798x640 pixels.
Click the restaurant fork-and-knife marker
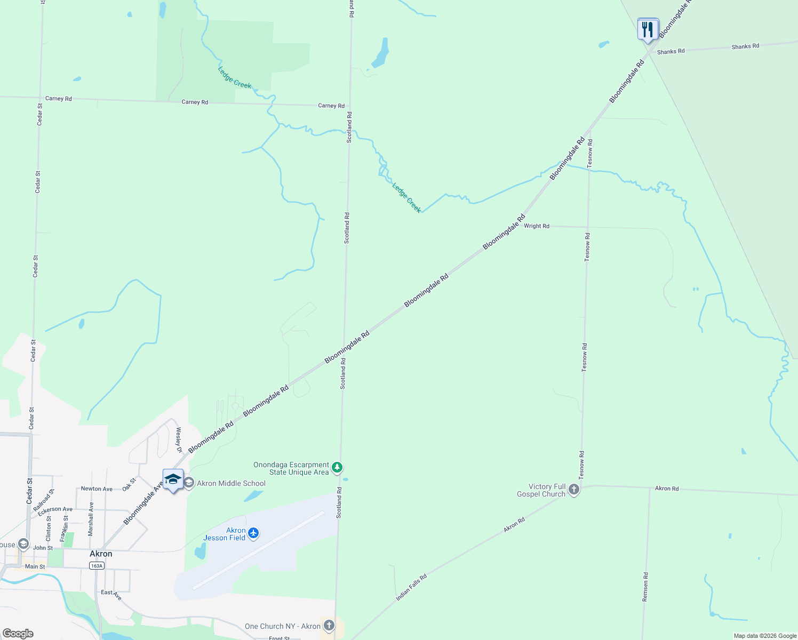[648, 29]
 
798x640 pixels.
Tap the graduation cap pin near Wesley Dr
[173, 479]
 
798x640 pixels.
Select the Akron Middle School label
[231, 483]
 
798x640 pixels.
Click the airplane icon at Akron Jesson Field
[253, 533]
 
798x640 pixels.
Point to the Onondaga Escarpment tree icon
[337, 468]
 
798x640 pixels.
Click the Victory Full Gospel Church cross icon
[574, 490]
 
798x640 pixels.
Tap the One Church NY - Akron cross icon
[329, 625]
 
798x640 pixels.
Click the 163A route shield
[97, 566]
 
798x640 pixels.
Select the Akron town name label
[101, 554]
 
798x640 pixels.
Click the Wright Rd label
[536, 226]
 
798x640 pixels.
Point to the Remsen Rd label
[645, 587]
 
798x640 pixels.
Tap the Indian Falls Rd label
[411, 588]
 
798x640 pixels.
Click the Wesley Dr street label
[179, 440]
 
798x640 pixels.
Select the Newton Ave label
[97, 489]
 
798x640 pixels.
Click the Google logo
[18, 634]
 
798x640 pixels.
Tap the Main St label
[35, 566]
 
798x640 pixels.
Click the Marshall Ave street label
[91, 519]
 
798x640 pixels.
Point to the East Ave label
[111, 594]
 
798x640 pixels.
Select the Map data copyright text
[765, 636]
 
